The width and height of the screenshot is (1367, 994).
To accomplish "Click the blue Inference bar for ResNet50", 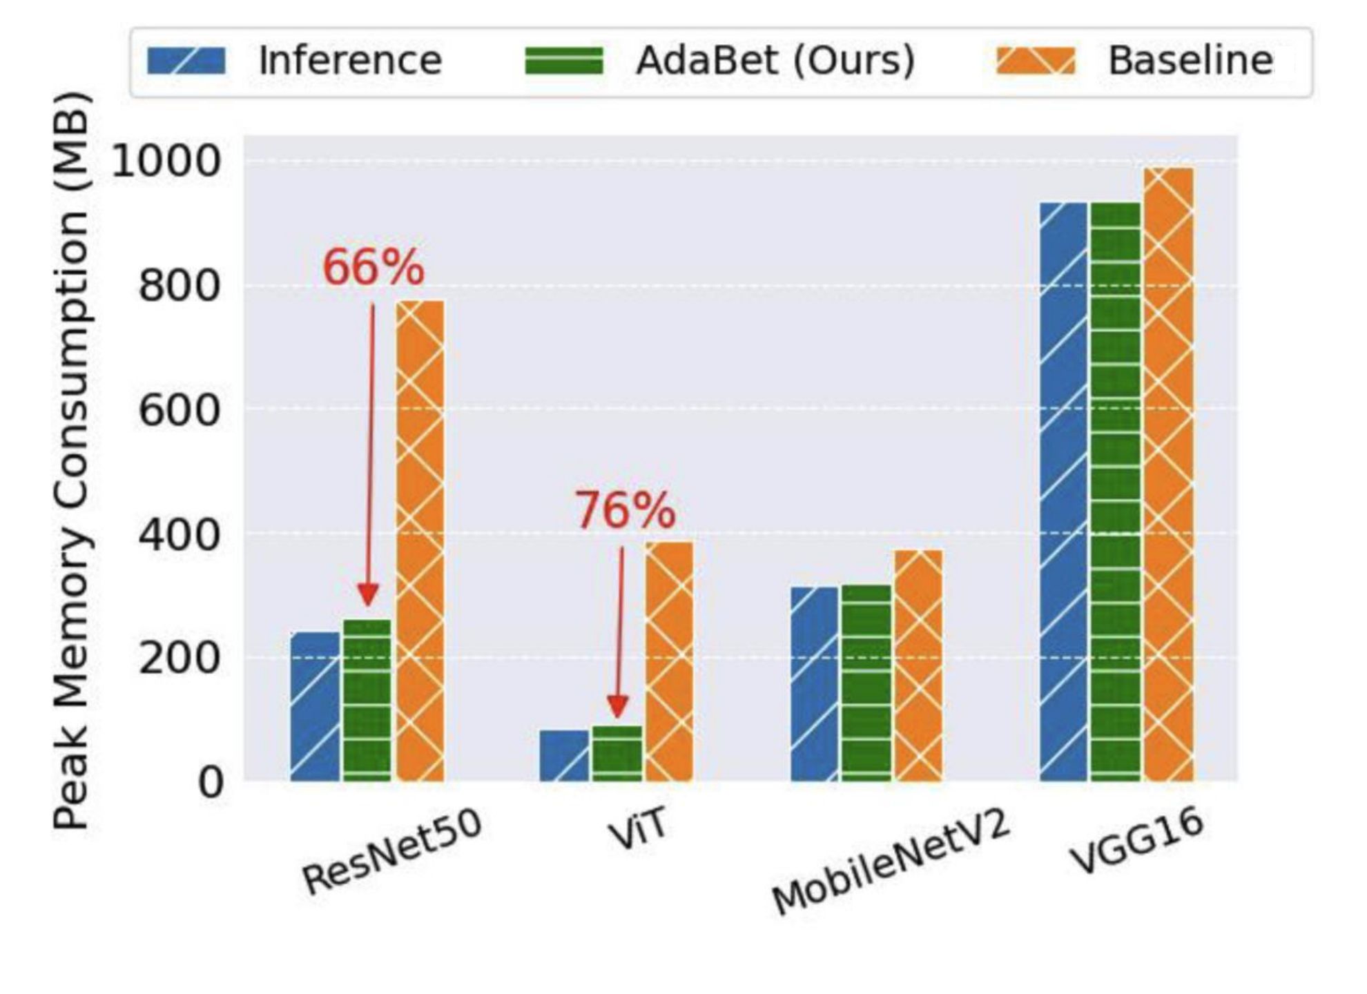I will coord(315,707).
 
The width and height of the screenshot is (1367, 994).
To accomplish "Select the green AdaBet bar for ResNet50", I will coord(367,700).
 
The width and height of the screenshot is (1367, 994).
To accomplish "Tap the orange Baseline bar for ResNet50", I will coord(420,541).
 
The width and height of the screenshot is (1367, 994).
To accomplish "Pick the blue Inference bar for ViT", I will coord(564,756).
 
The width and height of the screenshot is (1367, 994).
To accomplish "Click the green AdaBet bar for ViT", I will coord(617,753).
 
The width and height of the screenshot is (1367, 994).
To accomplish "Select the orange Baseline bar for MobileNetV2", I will coord(918,665).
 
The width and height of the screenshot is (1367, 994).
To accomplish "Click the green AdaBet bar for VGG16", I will coord(1115,491).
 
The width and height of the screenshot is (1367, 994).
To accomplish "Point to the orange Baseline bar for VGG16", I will coord(1168,474).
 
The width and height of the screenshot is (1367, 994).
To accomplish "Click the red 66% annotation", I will coord(373,268).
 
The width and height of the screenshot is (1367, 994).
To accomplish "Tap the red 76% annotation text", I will coord(625,511).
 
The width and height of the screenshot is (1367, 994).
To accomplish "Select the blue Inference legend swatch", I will coord(186,61).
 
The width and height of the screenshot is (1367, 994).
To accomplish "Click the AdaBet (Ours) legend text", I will coord(775,61).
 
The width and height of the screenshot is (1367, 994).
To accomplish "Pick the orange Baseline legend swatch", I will coord(1036,61).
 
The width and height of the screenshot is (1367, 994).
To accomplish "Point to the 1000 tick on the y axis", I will coord(165,162).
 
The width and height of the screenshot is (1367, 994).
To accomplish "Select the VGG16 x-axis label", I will coord(1136,842).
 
